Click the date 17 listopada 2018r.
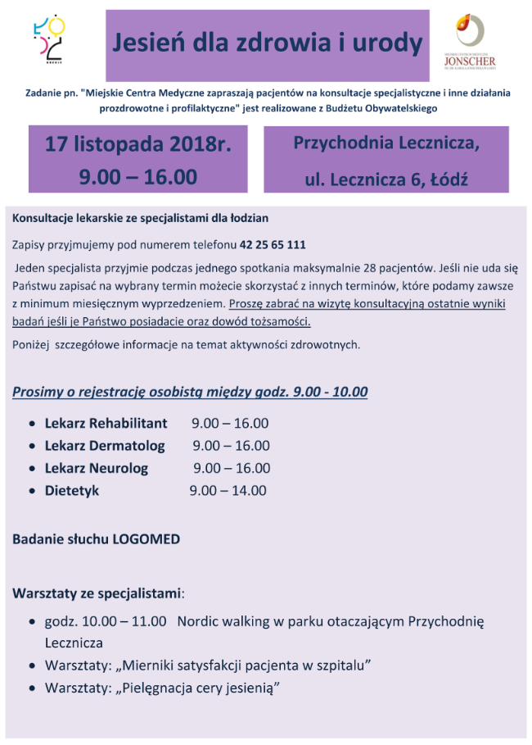click(138, 144)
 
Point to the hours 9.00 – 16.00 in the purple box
click(138, 176)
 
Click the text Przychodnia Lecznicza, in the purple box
click(386, 143)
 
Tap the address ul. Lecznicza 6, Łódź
click(386, 175)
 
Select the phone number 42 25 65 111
click(273, 245)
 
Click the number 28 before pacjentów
click(421, 267)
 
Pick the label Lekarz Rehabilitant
click(106, 424)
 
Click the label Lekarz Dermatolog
click(105, 446)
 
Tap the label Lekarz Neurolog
click(97, 468)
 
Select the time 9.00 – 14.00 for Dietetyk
click(228, 491)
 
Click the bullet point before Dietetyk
click(31, 492)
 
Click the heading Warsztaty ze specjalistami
click(97, 592)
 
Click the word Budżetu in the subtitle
click(340, 108)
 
